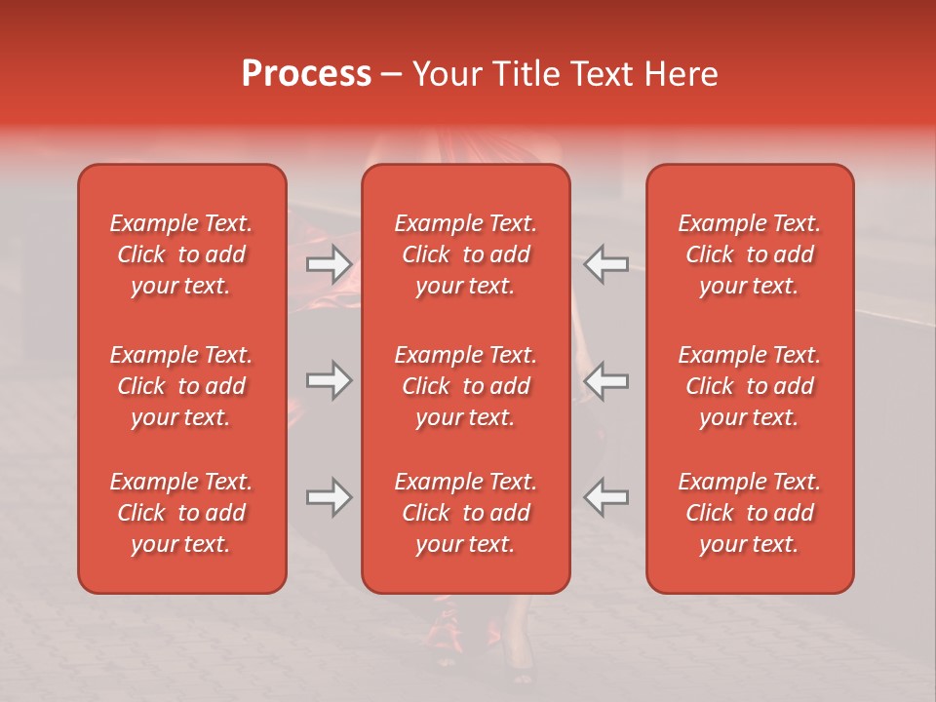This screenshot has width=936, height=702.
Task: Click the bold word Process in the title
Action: (306, 74)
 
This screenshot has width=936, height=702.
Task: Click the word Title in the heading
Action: (528, 74)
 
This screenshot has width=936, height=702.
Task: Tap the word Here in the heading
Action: (682, 74)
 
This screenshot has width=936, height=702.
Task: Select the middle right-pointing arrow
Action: (329, 380)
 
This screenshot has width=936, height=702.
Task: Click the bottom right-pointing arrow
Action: (329, 497)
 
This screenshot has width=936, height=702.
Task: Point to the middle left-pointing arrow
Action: (606, 380)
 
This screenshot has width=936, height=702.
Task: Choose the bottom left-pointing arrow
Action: (606, 497)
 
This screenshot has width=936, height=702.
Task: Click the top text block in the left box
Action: (181, 254)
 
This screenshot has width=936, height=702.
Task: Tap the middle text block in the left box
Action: (181, 386)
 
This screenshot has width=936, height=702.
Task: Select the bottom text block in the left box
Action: (181, 513)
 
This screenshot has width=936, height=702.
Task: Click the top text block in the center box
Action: (465, 254)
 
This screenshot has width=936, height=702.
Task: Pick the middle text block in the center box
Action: (465, 386)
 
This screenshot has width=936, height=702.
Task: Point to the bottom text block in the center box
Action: (465, 513)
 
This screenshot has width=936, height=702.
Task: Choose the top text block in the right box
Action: (750, 254)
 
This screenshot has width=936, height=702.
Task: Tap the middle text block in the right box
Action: (750, 386)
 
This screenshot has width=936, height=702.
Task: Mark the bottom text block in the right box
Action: (750, 513)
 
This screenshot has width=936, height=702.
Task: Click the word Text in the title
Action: (605, 74)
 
